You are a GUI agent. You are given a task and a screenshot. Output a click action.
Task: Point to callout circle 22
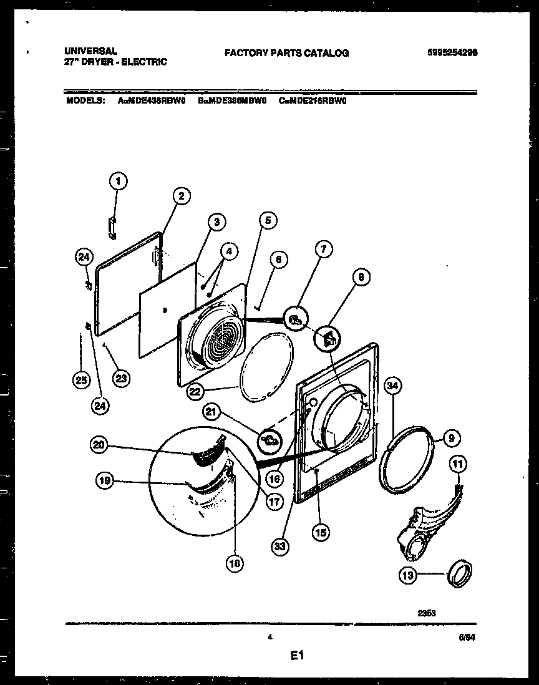point(195,391)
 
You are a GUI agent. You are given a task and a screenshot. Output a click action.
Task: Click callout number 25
point(80,379)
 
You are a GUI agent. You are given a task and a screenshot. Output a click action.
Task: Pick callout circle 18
point(235,563)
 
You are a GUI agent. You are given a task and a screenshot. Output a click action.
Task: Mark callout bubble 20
point(99,445)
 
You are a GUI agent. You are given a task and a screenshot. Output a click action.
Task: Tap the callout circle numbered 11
point(459,464)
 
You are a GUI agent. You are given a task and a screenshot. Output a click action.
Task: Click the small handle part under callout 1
point(112,227)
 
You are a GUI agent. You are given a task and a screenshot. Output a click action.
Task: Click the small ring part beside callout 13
point(460,572)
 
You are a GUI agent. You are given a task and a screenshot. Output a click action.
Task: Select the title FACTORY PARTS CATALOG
point(287,54)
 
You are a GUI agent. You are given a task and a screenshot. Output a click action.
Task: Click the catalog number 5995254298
point(452,53)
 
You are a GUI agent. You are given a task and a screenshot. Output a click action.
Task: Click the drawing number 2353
point(427,613)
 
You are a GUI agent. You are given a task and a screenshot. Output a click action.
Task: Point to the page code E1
point(296,656)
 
